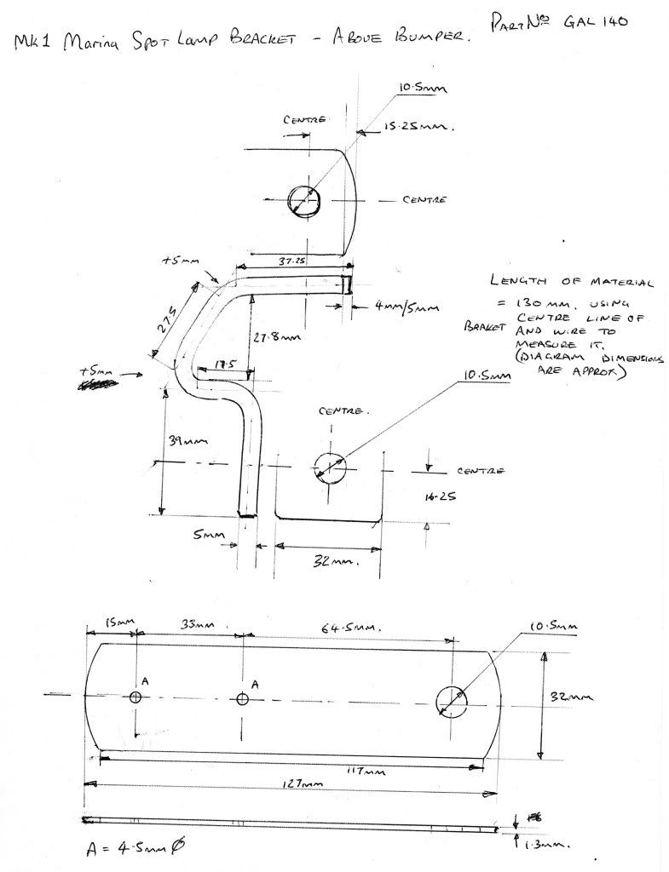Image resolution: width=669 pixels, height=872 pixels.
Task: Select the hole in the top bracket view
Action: [305, 201]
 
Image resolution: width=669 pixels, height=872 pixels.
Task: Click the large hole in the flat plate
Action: [452, 700]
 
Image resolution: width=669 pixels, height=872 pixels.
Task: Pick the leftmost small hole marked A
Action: [136, 697]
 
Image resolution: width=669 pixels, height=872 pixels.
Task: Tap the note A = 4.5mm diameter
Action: [135, 848]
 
